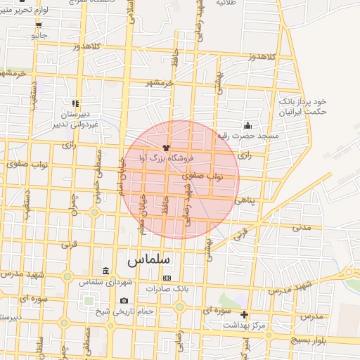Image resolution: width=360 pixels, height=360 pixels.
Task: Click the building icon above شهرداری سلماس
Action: [x=105, y=271]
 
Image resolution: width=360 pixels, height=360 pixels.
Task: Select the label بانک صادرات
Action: [x=168, y=288]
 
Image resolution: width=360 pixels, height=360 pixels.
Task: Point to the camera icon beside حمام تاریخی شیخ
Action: [x=124, y=301]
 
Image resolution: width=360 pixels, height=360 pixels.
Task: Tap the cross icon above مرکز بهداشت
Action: [x=245, y=314]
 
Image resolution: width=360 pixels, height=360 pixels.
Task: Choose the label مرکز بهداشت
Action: [x=247, y=326]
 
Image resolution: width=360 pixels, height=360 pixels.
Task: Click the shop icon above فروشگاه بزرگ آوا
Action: [x=165, y=148]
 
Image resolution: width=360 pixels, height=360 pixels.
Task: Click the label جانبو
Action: [x=39, y=34]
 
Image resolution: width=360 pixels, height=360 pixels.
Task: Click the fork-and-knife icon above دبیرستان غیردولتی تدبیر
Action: [x=75, y=103]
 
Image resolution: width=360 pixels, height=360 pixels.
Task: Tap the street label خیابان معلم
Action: [x=143, y=209]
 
